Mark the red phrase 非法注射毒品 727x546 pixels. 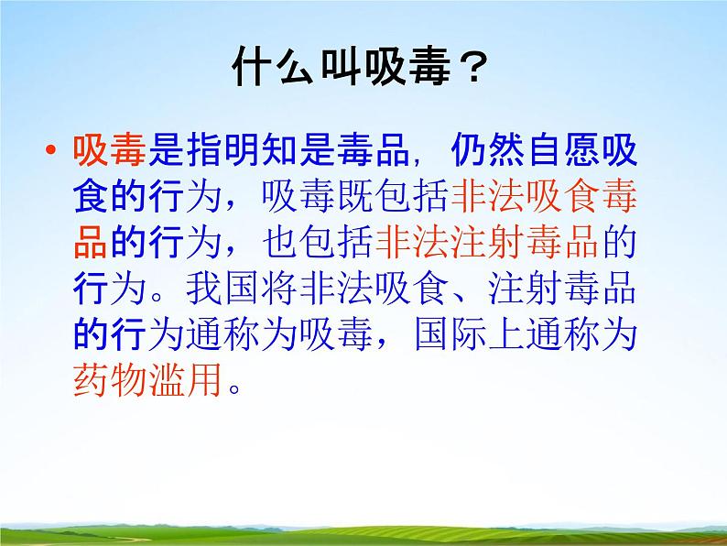pos(485,240)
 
